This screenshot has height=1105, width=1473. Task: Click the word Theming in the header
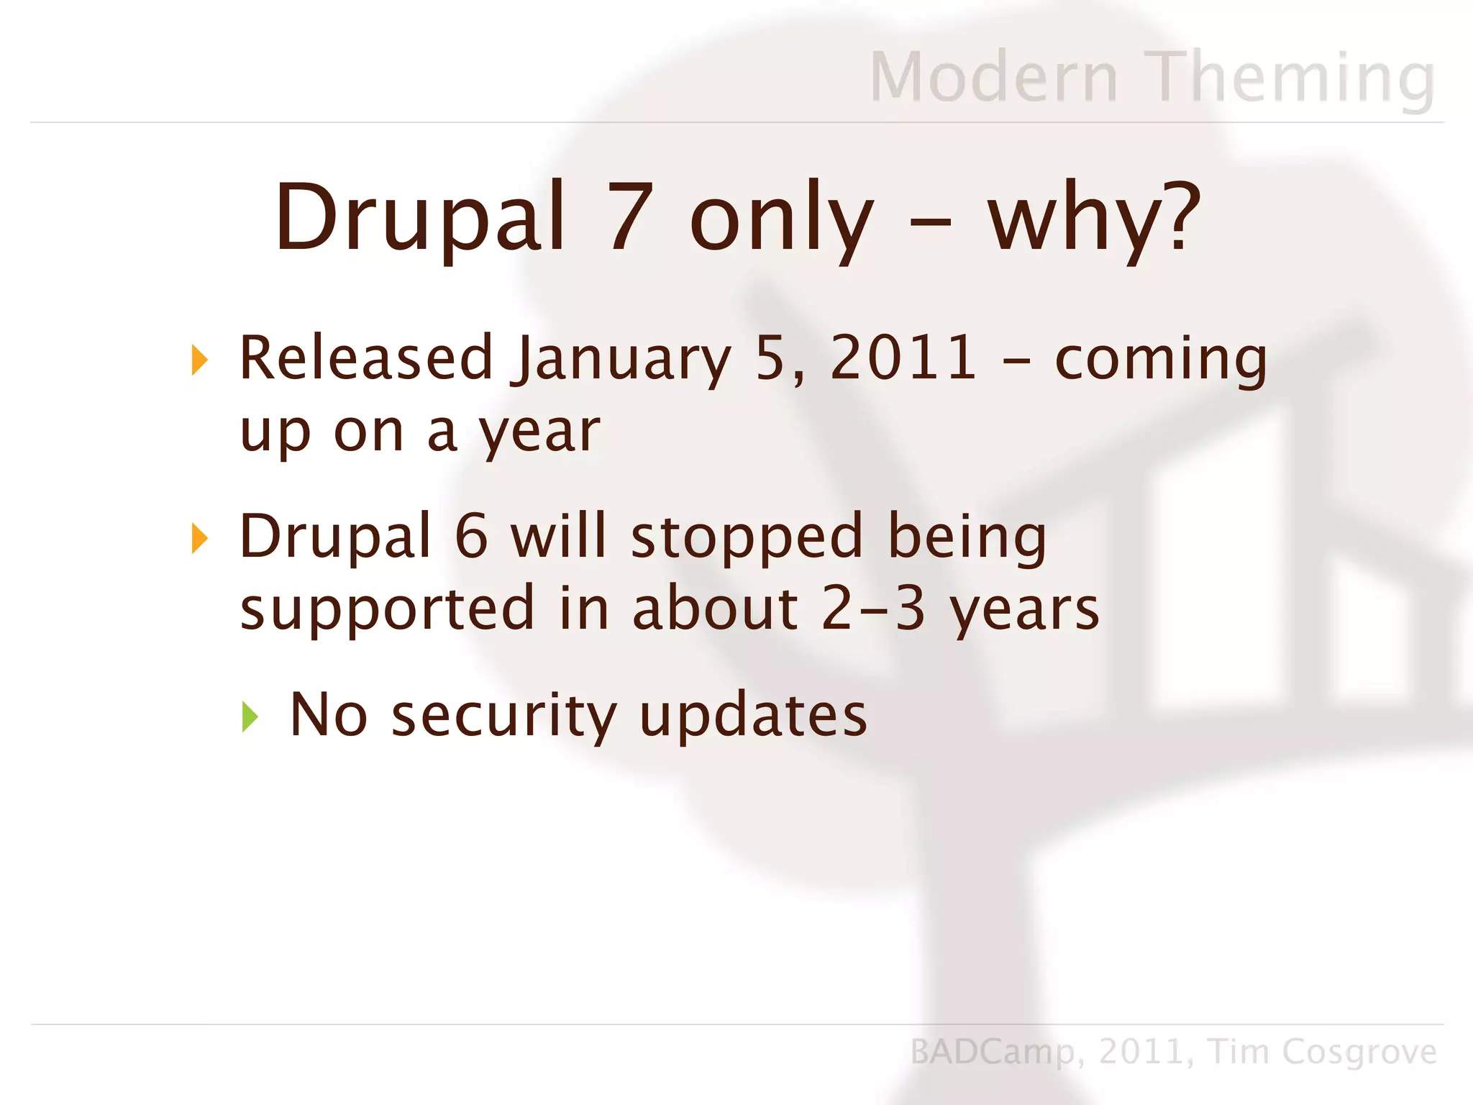[x=1293, y=77]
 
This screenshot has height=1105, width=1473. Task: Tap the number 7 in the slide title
[x=631, y=217]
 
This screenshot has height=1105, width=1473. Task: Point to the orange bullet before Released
[x=200, y=360]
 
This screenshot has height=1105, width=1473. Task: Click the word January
[x=622, y=360]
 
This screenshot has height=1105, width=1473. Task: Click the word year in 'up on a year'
[x=539, y=434]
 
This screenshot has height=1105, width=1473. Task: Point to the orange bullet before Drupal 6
[x=200, y=538]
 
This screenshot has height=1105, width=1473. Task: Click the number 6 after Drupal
[x=472, y=537]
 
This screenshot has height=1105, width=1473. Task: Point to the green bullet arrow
[x=250, y=717]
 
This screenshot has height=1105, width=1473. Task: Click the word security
[x=503, y=717]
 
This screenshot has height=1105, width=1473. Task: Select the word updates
[x=753, y=717]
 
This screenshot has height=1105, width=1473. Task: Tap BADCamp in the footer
[x=993, y=1052]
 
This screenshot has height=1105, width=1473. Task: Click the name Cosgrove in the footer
[x=1359, y=1052]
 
